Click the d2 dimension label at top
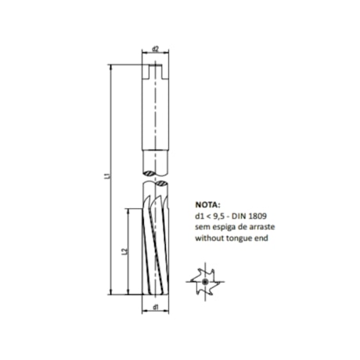(157, 49)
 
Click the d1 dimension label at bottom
(157, 306)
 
